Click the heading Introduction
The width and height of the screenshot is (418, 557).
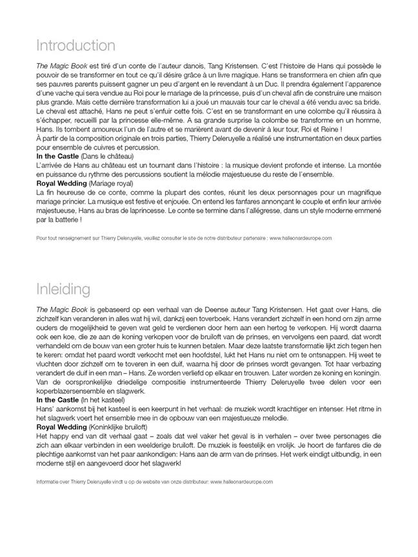pos(75,46)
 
